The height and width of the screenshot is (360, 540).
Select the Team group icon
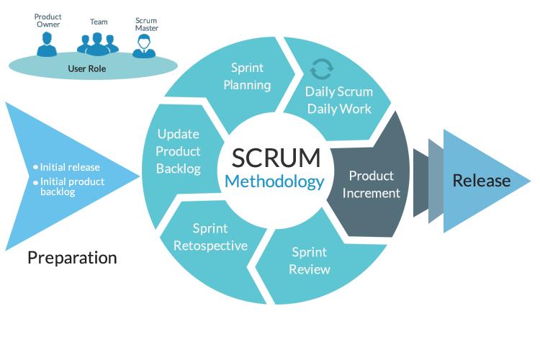[97, 44]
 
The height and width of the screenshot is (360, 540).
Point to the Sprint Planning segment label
[247, 76]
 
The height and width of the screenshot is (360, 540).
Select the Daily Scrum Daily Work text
[338, 100]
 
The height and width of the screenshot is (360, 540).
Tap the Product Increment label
[371, 184]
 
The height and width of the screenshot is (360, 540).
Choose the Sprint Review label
[310, 261]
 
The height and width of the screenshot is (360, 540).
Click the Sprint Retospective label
[210, 237]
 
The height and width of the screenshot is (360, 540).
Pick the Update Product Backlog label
[178, 151]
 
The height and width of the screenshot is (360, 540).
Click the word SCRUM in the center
[274, 157]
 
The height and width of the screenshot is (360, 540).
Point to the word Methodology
[274, 181]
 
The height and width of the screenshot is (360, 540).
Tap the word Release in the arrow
[481, 181]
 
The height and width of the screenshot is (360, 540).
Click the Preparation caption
[72, 257]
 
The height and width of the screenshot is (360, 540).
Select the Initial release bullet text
[70, 167]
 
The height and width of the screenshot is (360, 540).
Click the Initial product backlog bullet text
[72, 186]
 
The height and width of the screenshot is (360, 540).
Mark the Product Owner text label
[48, 21]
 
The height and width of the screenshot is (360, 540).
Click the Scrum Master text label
[146, 24]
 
